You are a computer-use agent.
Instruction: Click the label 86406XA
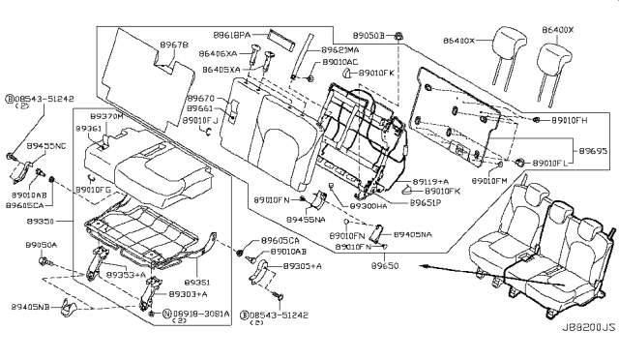tap(219, 56)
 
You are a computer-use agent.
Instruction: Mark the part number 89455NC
tap(45, 144)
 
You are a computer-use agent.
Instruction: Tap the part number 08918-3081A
tap(201, 315)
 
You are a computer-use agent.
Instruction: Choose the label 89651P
tap(425, 206)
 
